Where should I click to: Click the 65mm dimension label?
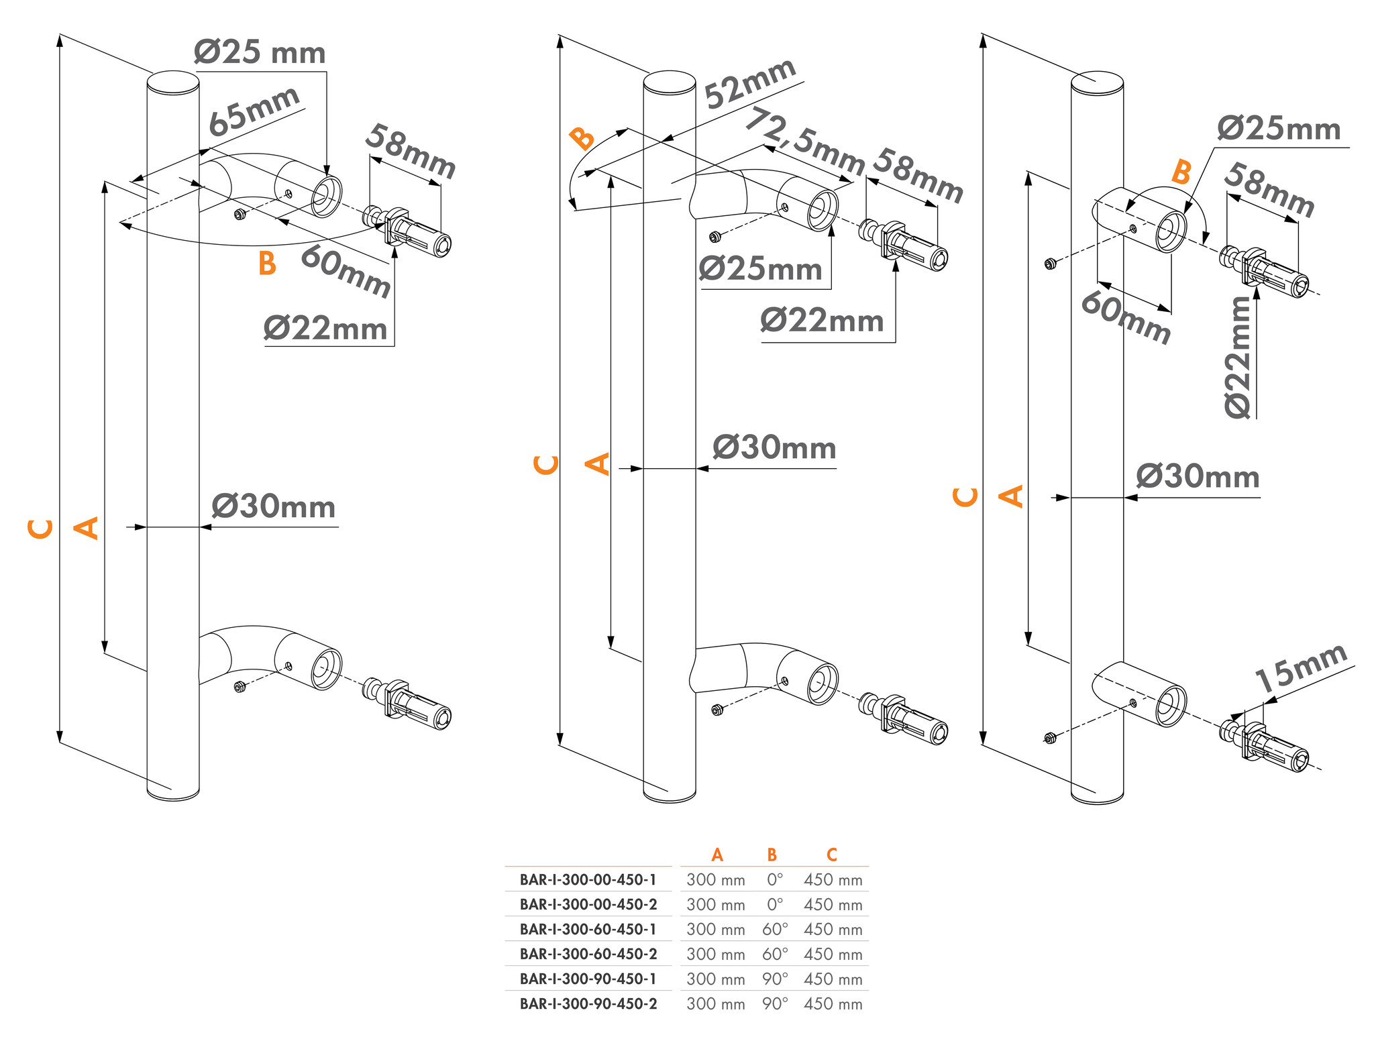tap(254, 111)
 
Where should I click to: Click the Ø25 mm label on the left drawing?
tap(260, 52)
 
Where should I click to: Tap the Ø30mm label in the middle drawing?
tap(774, 447)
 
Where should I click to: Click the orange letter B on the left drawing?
tap(267, 264)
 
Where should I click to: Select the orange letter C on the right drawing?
tap(965, 497)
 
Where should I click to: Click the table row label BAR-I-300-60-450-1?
tap(588, 929)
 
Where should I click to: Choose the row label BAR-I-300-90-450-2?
tap(588, 1003)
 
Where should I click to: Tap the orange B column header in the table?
tap(772, 855)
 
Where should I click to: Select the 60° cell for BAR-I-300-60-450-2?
tap(775, 953)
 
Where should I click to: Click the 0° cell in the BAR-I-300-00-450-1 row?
tap(775, 879)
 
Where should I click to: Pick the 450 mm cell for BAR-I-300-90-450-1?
tap(833, 979)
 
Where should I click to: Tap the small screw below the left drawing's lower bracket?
tap(240, 686)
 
